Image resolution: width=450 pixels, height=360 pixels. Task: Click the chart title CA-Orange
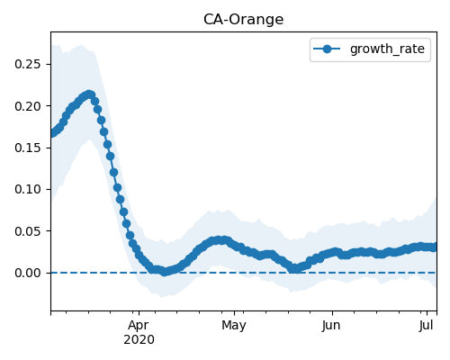point(243,20)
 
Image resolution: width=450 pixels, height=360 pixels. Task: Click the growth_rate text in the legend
point(387,49)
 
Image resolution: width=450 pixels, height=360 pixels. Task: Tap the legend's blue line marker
point(327,49)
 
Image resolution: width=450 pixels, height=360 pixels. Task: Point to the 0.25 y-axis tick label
point(28,64)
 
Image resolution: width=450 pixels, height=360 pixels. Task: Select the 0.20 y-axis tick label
point(28,106)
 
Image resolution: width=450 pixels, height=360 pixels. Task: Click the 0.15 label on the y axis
point(28,148)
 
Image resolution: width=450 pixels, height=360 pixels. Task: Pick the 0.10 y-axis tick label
point(28,189)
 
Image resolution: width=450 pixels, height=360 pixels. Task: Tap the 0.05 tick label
point(28,231)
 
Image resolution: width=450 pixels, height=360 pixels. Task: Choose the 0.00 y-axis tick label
point(28,273)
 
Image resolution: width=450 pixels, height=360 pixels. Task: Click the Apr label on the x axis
point(139,326)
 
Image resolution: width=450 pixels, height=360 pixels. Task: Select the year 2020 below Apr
point(139,340)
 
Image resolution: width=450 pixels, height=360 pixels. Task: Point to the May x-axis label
point(234,326)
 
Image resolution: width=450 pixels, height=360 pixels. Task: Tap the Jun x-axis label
point(331,326)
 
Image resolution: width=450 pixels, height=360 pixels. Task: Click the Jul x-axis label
point(427,326)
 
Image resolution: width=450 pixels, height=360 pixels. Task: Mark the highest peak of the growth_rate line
point(89,94)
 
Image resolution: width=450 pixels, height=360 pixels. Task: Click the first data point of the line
point(52,133)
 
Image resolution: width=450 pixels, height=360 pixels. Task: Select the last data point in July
point(434,247)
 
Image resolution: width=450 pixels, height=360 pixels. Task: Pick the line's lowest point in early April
point(165,272)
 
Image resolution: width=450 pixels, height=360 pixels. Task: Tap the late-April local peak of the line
point(221,240)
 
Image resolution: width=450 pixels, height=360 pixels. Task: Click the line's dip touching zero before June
point(295,268)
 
